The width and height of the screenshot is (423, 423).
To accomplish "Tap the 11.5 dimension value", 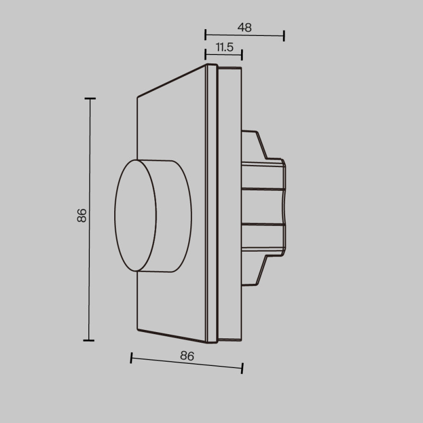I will [224, 48].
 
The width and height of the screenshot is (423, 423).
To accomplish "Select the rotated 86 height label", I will [81, 215].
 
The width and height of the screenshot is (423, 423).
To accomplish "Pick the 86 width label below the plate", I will [187, 356].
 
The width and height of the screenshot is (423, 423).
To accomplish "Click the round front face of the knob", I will [135, 215].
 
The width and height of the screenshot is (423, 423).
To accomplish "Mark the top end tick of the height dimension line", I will [90, 99].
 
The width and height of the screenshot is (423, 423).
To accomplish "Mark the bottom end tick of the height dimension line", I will [89, 340].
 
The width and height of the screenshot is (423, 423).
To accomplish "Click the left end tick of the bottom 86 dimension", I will [131, 358].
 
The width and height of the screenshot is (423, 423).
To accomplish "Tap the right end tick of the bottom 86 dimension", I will [242, 367].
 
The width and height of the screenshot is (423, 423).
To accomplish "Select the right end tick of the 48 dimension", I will [284, 36].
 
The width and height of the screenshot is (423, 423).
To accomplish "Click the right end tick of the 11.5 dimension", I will [242, 55].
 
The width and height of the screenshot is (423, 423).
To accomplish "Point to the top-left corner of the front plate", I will [137, 96].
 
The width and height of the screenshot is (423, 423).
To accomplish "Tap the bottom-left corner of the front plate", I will [137, 330].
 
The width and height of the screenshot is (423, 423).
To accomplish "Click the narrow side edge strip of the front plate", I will [211, 204].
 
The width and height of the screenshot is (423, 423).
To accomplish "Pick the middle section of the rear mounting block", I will [263, 206].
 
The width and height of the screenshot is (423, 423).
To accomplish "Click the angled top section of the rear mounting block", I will [254, 145].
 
